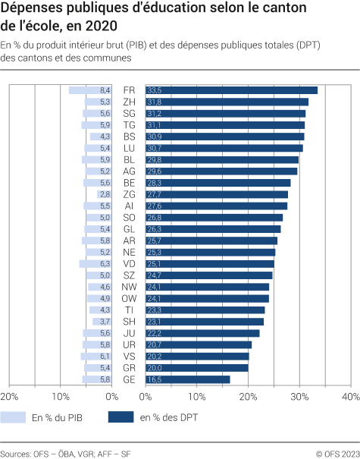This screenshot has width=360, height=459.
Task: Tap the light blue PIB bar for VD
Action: (95, 264)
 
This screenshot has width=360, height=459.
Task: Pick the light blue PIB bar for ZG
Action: (105, 194)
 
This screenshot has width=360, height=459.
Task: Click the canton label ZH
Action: (129, 102)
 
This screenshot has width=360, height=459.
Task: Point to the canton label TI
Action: (129, 310)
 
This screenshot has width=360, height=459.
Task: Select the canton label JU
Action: (129, 333)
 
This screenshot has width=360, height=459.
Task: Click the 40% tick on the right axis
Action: (350, 397)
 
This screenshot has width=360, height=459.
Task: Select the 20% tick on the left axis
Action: (9, 397)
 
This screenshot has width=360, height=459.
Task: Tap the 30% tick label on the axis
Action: (299, 397)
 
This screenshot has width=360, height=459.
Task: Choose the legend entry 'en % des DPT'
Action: (166, 417)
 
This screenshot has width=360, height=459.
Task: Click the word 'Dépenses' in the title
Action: (35, 11)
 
